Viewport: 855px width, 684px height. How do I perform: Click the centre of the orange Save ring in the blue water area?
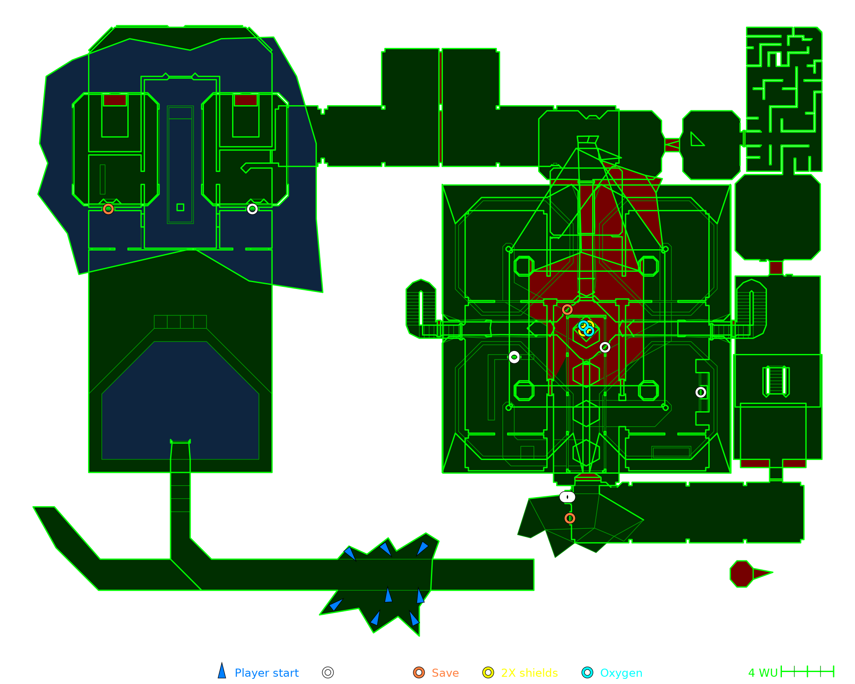[108, 209]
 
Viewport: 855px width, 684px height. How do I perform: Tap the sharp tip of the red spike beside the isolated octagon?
[772, 572]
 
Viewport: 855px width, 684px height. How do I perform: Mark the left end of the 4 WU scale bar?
[781, 672]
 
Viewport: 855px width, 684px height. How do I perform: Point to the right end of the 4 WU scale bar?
[834, 672]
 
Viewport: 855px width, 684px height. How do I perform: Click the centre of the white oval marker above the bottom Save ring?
[567, 497]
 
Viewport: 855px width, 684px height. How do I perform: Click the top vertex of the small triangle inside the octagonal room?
[691, 132]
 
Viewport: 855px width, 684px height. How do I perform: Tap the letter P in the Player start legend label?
[238, 673]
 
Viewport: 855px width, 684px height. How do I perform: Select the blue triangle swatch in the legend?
[222, 670]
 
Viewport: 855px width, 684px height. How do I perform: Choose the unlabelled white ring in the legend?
[328, 672]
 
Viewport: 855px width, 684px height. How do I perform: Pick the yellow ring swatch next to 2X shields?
[488, 672]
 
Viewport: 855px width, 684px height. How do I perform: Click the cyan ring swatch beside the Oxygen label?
[588, 672]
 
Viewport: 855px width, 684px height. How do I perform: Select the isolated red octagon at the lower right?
[742, 574]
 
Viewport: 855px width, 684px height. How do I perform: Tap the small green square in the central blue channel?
[180, 207]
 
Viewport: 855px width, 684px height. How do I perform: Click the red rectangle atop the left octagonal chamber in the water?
[115, 100]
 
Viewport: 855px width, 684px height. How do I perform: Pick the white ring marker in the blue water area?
[252, 209]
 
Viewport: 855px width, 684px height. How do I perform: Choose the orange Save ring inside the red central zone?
[567, 310]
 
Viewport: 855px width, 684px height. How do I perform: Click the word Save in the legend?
[445, 673]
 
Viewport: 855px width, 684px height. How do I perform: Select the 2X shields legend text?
[529, 673]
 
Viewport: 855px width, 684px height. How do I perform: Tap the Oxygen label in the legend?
[621, 673]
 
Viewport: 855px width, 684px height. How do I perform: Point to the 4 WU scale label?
[763, 673]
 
